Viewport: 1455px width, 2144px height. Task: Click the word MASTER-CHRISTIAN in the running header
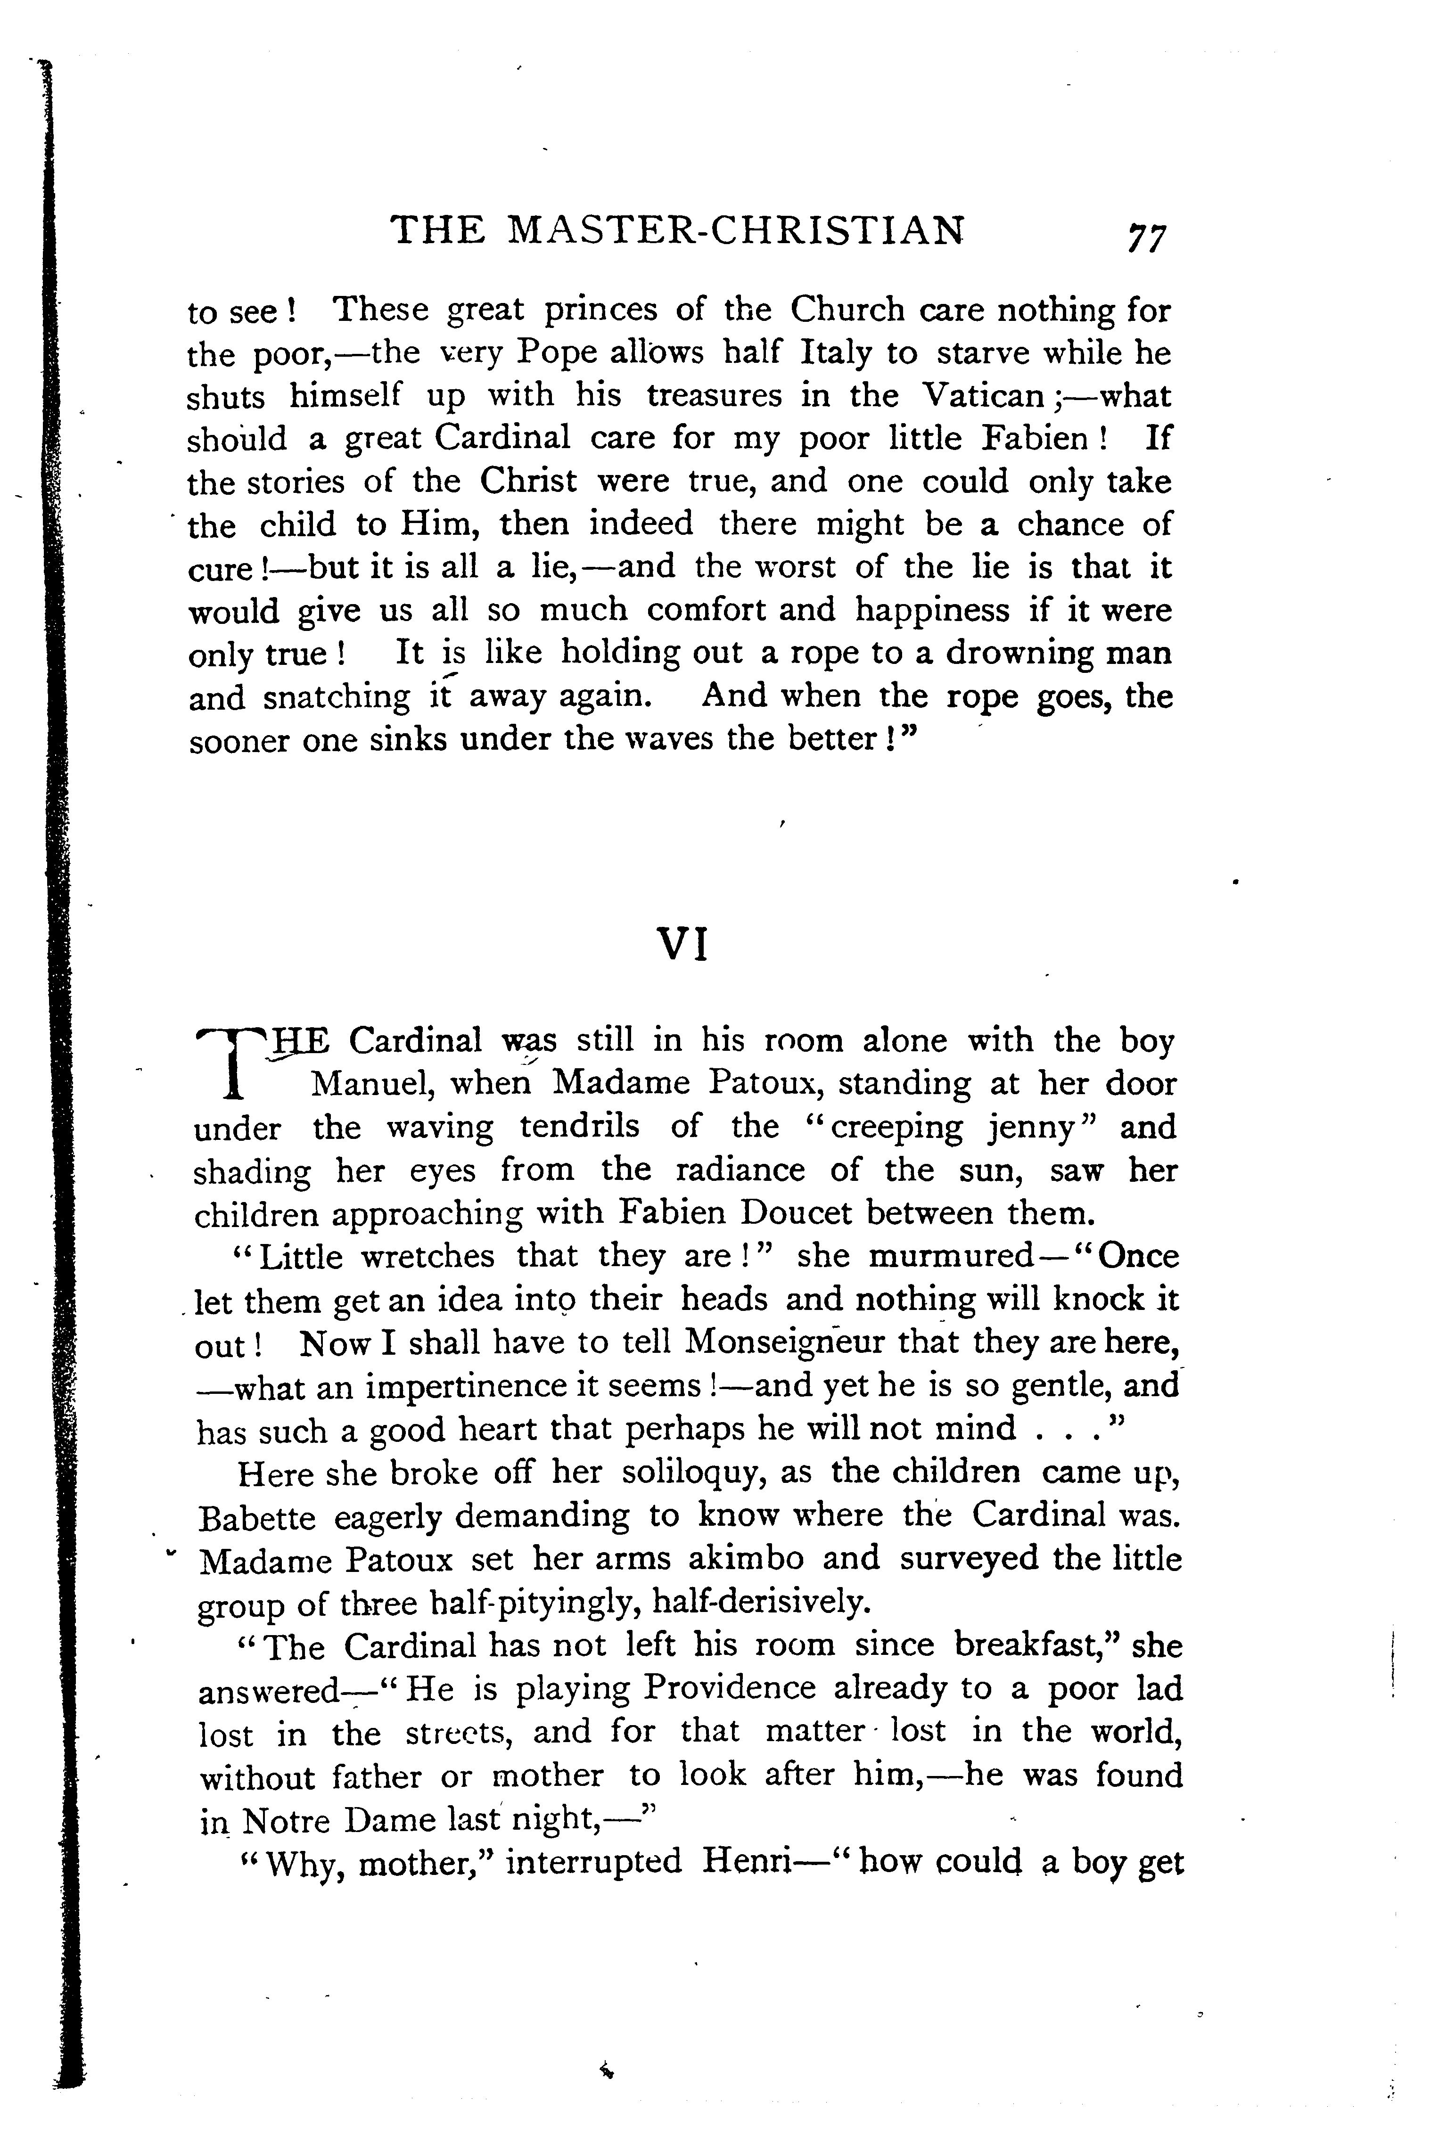736,230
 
